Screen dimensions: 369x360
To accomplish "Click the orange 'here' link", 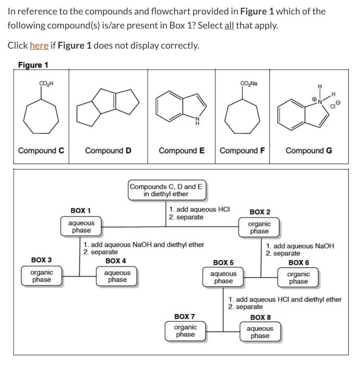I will coord(39,45).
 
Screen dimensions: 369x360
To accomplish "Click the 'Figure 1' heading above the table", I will coord(33,65).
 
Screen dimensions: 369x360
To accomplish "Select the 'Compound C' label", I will coord(41,150).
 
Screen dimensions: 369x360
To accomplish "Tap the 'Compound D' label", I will coord(108,150).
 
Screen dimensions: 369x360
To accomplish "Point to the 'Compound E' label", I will coord(182,150).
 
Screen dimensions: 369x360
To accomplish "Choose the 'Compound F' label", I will coord(242,150).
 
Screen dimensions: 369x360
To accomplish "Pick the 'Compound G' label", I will coord(309,150).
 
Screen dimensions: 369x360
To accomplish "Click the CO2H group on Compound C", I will coord(46,84).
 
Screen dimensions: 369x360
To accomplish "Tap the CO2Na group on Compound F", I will coord(248,84).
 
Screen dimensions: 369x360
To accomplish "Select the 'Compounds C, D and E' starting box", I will coord(167,190).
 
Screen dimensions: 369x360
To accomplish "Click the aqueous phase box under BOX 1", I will coord(81,227).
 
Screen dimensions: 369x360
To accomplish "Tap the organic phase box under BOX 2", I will coord(259,227).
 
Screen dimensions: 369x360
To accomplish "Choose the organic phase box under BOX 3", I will coord(41,276).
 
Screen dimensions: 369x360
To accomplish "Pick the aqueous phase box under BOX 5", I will coord(223,277).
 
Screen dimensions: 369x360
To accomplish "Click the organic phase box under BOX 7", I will coord(185,331).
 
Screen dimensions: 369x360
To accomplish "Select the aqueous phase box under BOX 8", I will coord(260,332).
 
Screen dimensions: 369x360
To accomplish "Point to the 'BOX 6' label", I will coord(299,263).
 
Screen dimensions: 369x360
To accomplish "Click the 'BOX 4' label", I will coord(116,261).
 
